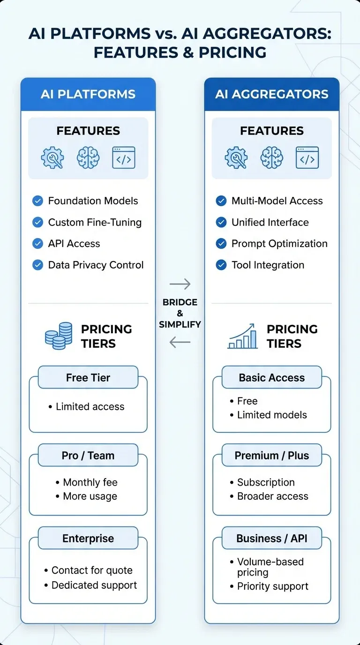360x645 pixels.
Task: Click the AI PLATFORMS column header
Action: [x=88, y=94]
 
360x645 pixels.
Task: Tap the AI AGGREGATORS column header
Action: [x=271, y=94]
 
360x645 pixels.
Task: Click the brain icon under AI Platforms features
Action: [x=88, y=157]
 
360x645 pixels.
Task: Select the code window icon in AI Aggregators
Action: [x=307, y=157]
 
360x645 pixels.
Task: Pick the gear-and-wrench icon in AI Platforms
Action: [x=52, y=157]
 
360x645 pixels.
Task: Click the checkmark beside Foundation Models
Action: [x=37, y=201]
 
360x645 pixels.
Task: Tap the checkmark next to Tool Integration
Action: [x=221, y=265]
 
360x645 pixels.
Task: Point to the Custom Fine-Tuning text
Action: [x=95, y=222]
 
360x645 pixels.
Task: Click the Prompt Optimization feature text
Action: [x=279, y=244]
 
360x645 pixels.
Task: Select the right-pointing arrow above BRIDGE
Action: [x=180, y=284]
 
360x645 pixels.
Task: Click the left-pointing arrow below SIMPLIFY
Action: [x=180, y=342]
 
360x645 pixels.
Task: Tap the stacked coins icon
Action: [x=59, y=336]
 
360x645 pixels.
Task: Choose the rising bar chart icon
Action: [x=242, y=336]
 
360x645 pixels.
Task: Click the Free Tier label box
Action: [x=88, y=377]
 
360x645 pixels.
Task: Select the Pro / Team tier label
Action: [x=88, y=455]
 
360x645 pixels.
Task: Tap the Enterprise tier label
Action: [x=88, y=538]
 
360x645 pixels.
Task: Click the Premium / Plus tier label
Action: [x=271, y=455]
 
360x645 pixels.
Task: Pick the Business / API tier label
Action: [x=271, y=538]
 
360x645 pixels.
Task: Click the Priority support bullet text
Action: [x=273, y=586]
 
